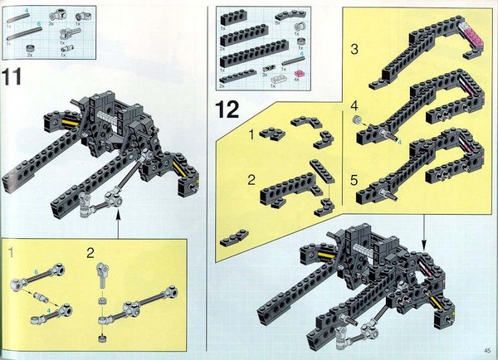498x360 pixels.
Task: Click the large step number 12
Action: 228,108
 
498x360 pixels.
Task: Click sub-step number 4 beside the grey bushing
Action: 354,105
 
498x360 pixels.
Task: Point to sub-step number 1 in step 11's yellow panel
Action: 12,251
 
